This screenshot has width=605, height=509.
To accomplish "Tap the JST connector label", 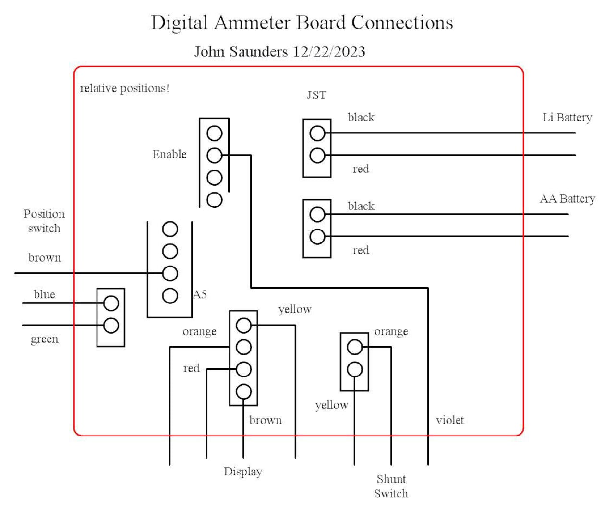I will tap(316, 95).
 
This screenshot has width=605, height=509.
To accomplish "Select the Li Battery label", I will tap(567, 118).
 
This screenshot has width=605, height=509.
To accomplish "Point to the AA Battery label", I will tap(567, 199).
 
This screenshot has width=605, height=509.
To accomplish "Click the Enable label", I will tap(169, 154).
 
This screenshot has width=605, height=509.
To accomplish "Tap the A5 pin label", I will tap(200, 294).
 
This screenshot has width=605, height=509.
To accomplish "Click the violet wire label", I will tap(450, 420).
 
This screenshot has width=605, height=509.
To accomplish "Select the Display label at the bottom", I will tap(243, 472).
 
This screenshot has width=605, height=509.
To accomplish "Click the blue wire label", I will tap(44, 294).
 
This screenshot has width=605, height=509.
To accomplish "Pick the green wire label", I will tap(44, 339).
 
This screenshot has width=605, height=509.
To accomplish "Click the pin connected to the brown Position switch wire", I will tap(170, 274).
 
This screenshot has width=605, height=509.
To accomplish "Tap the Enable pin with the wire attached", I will tap(214, 155).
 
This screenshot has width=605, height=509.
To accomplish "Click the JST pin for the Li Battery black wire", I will tap(317, 133).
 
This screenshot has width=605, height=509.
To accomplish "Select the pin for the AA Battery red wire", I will tap(317, 236).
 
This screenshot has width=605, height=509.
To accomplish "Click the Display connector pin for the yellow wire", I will tap(243, 325).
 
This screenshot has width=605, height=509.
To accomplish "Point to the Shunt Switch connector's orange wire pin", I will tap(354, 347).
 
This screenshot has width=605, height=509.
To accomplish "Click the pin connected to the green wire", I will tap(111, 325).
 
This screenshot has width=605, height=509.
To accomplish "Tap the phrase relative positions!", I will tap(124, 88).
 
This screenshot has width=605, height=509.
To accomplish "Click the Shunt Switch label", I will tap(391, 486).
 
